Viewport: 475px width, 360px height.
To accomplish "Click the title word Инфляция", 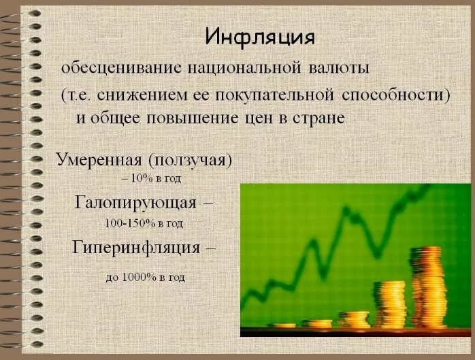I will [260, 37].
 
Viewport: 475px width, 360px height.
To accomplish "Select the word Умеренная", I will [97, 161].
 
